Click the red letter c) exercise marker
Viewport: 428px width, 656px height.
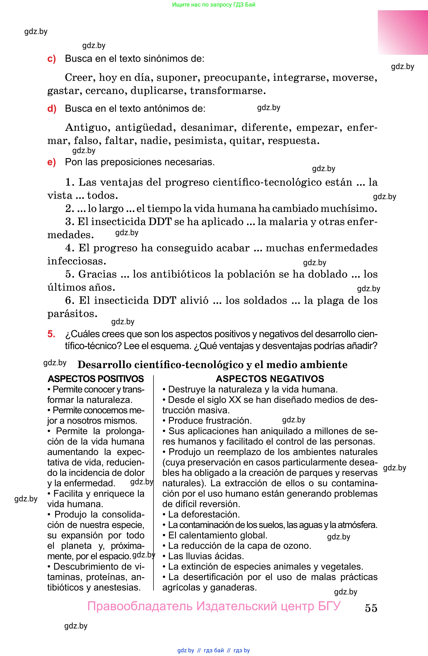51,59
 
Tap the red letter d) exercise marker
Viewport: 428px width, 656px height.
52,109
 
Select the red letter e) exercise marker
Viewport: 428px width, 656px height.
51,162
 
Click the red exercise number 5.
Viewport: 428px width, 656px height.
51,334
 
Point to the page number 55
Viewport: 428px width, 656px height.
371,608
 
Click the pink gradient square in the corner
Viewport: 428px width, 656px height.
403,33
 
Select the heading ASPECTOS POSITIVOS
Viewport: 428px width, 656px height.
95,379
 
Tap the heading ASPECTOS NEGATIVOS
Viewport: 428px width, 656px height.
270,379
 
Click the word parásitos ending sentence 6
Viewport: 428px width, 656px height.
72,314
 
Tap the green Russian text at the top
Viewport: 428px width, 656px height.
214,5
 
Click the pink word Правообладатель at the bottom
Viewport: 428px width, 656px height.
140,606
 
